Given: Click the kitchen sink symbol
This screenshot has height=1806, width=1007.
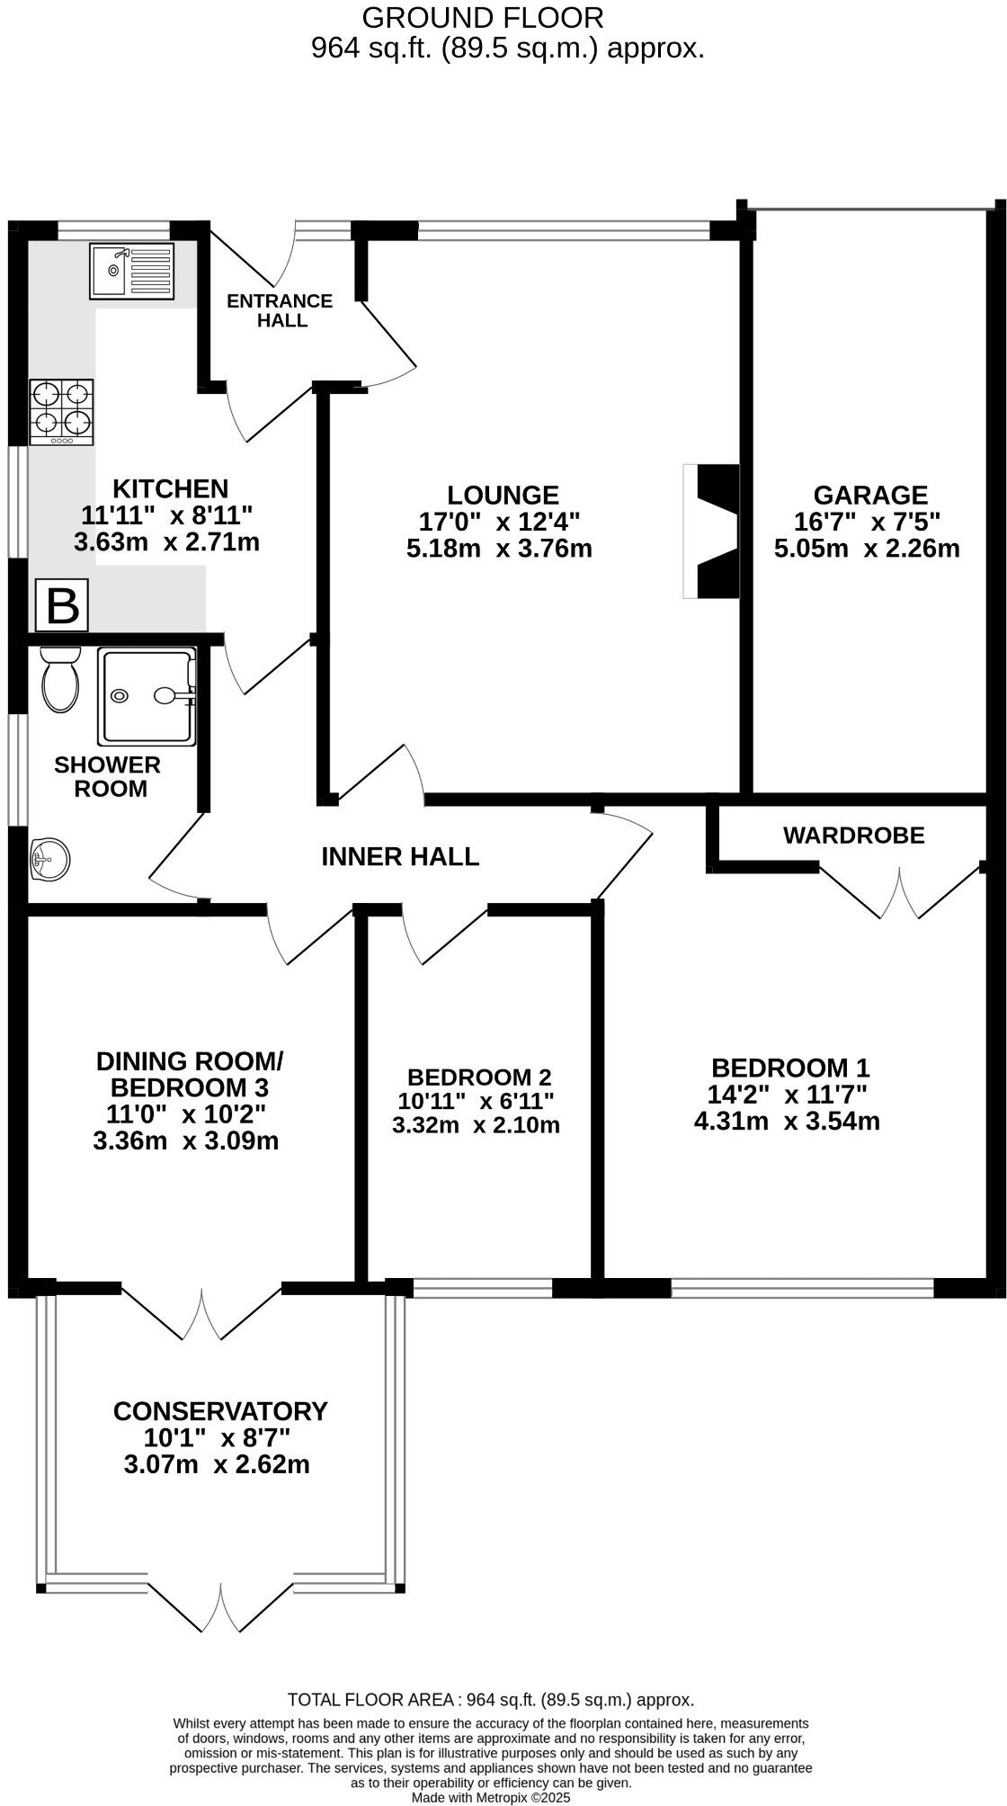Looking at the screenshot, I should [x=131, y=271].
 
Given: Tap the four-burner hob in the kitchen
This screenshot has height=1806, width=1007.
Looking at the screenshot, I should [x=61, y=412].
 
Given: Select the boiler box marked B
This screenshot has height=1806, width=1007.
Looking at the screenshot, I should [x=63, y=605].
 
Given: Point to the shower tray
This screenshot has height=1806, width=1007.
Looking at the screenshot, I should [x=147, y=696].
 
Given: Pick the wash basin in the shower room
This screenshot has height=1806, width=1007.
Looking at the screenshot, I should [x=49, y=860].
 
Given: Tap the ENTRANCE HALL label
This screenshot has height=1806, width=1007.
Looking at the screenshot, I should [x=280, y=310].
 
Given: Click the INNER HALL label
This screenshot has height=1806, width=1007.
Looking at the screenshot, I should [x=400, y=856].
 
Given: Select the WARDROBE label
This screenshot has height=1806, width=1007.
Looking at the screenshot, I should [x=853, y=836].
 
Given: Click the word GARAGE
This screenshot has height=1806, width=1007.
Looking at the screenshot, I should [x=869, y=495].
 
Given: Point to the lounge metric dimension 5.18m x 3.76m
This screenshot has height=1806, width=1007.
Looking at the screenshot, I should [x=499, y=549].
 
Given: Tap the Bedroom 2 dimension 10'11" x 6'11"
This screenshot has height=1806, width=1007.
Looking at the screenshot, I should [x=476, y=1101].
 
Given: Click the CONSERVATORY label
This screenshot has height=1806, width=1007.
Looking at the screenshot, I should [x=220, y=1411].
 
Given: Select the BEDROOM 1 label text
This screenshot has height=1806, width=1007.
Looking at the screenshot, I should [x=789, y=1068].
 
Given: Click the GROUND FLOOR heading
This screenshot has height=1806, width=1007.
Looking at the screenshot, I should [x=482, y=17].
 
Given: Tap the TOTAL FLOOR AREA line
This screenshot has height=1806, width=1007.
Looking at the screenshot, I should [x=491, y=1700].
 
